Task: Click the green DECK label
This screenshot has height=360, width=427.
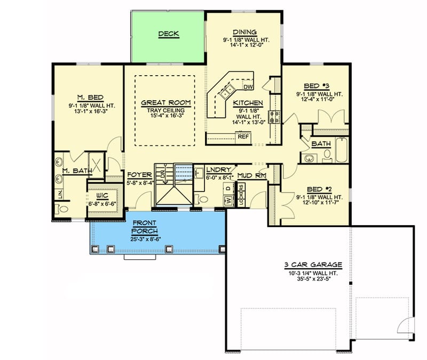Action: coord(168,34)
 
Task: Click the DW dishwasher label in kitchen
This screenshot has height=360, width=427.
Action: coord(248,87)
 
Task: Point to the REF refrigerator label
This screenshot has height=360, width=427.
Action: coord(243,137)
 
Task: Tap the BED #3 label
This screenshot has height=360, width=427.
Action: coord(320,86)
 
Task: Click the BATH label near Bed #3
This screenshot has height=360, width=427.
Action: coord(321,143)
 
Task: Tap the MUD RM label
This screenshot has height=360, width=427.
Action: coord(251,175)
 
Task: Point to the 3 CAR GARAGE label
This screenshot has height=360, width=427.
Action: coord(317,265)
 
